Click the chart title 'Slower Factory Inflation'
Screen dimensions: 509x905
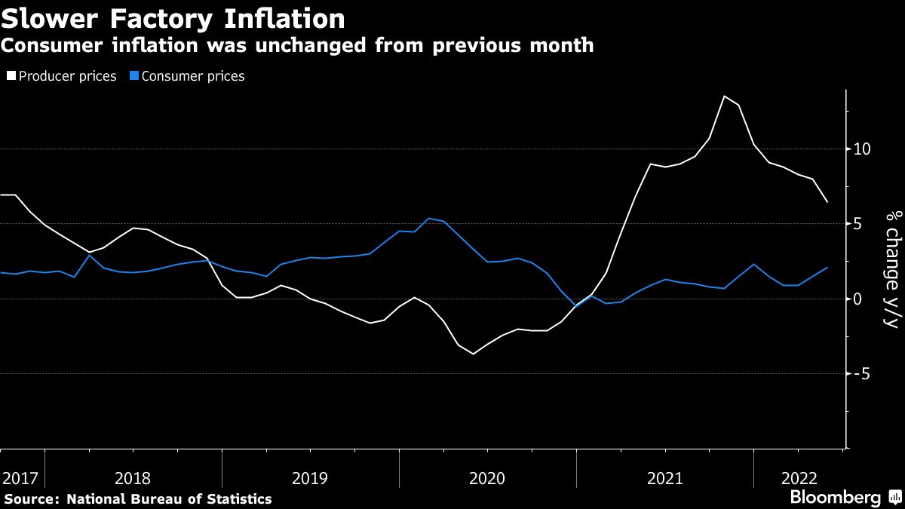(173, 18)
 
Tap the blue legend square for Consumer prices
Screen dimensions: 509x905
(134, 76)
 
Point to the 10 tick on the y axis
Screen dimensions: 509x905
(863, 149)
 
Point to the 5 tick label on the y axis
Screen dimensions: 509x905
(858, 224)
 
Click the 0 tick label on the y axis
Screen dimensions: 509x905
(858, 299)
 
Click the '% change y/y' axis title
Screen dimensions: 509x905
(891, 269)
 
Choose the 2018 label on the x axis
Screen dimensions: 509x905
(133, 478)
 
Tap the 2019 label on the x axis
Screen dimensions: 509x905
(310, 478)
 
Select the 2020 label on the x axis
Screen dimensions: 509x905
(487, 478)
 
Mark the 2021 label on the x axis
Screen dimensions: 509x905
(665, 478)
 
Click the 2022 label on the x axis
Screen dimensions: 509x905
(799, 478)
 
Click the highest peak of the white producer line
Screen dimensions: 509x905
(724, 96)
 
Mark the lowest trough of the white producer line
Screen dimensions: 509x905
(473, 354)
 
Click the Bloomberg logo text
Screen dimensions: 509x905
(835, 497)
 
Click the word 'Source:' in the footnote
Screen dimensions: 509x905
(32, 498)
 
